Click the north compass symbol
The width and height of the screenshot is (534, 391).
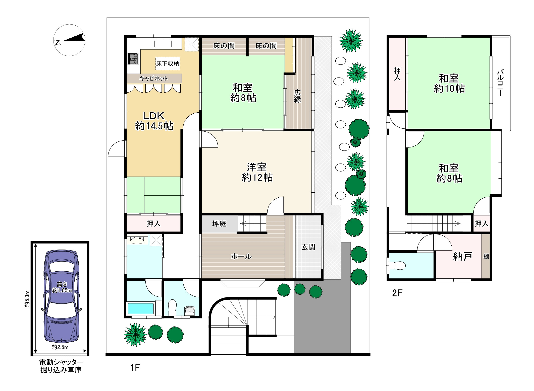(70, 40)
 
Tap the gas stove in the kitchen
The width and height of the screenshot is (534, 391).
(133, 59)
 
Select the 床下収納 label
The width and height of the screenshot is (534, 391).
(168, 63)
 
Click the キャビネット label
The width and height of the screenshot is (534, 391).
(154, 79)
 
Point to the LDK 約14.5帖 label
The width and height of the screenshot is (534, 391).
(154, 121)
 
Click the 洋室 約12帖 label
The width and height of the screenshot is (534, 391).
(257, 172)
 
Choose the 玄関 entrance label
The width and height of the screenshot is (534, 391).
(308, 247)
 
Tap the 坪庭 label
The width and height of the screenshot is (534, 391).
(219, 223)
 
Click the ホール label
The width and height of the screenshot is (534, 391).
(241, 256)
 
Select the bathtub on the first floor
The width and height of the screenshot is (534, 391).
(141, 308)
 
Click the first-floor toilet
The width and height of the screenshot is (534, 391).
(172, 307)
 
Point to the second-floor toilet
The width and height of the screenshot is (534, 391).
(397, 266)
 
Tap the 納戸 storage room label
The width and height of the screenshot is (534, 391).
(462, 256)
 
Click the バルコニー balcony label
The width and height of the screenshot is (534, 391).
(500, 83)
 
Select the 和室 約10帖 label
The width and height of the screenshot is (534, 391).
(449, 84)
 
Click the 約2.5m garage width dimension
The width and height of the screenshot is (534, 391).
(60, 347)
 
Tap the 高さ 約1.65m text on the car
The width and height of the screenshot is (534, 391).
(62, 287)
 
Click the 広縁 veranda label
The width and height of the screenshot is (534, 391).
(297, 96)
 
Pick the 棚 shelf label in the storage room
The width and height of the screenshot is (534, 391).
(486, 256)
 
